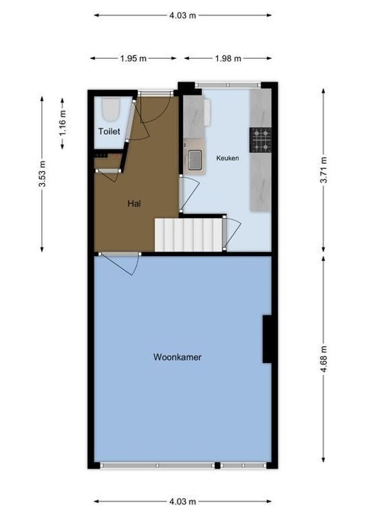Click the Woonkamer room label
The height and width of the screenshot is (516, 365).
177,356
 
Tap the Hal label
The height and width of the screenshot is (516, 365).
134,204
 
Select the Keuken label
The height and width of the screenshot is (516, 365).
228,157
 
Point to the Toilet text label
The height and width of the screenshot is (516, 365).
109,132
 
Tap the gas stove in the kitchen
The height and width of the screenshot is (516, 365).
261,140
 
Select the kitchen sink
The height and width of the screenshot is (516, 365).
195,159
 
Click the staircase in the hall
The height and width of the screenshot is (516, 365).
188,234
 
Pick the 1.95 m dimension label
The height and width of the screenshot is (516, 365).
133,59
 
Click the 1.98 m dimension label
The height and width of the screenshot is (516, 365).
228,59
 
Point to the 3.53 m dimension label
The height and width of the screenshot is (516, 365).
43,174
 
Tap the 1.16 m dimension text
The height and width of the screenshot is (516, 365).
63,123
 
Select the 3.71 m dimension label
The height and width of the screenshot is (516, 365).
324,171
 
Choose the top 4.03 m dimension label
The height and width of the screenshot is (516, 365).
182,15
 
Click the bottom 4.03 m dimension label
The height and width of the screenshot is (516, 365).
182,501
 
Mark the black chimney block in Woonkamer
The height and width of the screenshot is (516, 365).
266,339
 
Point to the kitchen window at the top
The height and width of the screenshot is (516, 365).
228,84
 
